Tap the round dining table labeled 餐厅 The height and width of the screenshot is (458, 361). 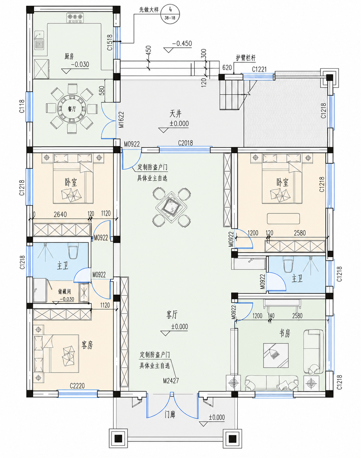[x=72, y=109]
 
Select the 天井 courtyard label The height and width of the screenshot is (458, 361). [x=175, y=114]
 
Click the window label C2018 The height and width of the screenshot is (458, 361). [x=186, y=143]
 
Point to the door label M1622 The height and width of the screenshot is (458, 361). [x=121, y=120]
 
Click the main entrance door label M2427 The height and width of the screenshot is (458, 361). [x=171, y=381]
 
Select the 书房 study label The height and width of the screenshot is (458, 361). [x=284, y=333]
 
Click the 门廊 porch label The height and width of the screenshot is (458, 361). [x=170, y=415]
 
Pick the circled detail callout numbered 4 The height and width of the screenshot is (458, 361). [x=170, y=14]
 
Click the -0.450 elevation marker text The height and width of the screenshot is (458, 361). [x=182, y=44]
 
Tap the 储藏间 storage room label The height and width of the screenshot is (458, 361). [x=64, y=291]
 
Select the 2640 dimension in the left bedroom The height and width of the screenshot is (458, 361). [x=60, y=214]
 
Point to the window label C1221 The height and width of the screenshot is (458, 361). [x=259, y=69]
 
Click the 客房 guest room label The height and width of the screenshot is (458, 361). [x=87, y=345]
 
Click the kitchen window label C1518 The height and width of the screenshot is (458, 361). [x=110, y=42]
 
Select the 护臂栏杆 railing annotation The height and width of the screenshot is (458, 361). [x=246, y=58]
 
